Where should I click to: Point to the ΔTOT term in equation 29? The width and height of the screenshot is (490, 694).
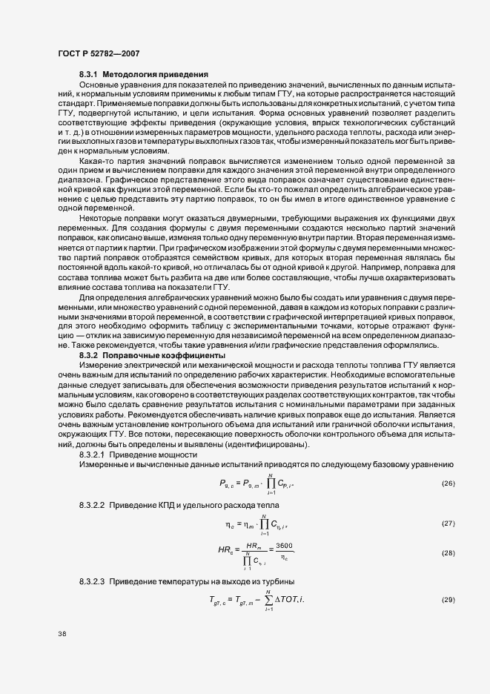[293, 598]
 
